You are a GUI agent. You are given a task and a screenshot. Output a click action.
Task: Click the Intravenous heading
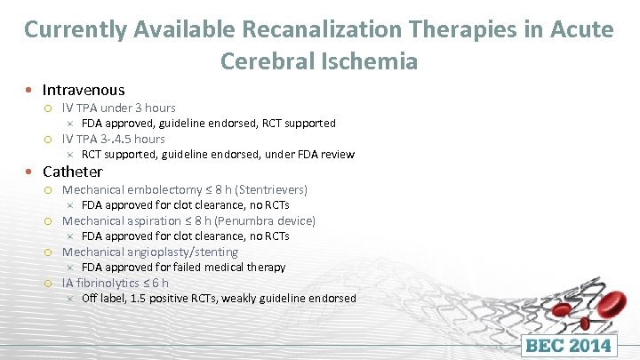(x=84, y=90)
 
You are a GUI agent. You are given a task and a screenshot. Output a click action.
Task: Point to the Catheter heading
(x=72, y=172)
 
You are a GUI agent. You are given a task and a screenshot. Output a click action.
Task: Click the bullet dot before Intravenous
(x=30, y=90)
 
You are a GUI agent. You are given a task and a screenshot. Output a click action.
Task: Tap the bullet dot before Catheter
(x=30, y=172)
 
